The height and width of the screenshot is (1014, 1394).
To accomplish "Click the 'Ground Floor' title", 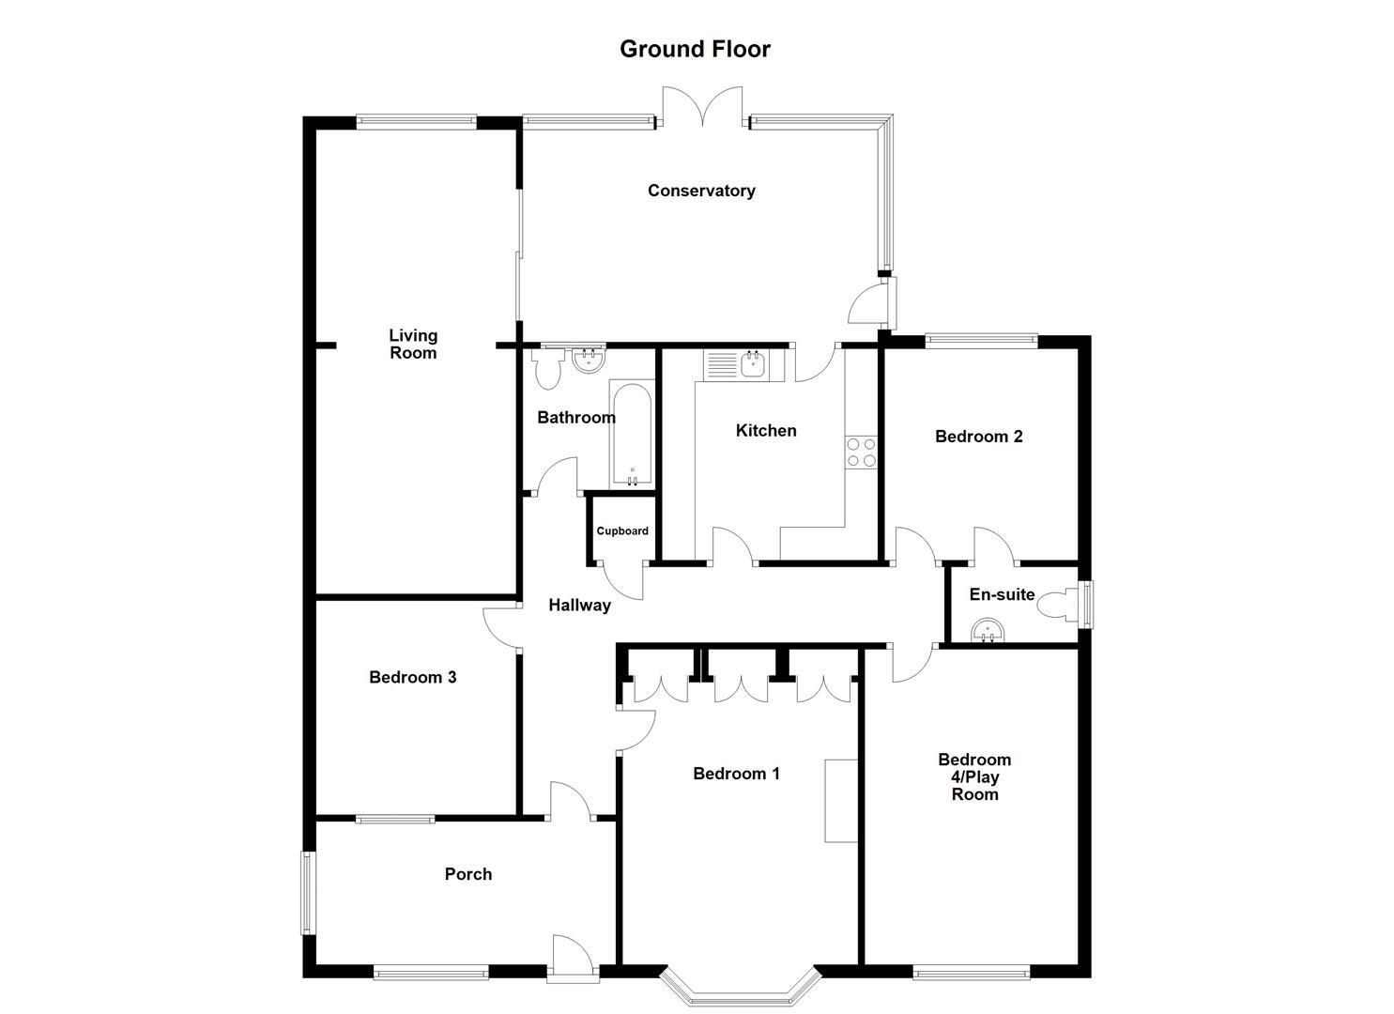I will click(695, 49).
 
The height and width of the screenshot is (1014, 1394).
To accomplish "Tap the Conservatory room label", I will click(701, 191).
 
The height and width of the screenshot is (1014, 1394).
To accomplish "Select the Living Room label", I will click(413, 344).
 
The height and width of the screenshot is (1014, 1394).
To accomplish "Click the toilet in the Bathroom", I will click(546, 370).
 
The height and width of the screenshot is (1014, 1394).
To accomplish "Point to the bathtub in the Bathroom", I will click(631, 434).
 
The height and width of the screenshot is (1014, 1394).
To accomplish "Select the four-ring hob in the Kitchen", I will click(861, 453).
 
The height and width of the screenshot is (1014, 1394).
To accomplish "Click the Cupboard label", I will click(622, 531).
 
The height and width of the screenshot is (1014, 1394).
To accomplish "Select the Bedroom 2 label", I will click(978, 437).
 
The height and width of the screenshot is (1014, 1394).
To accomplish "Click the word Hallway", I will click(579, 606).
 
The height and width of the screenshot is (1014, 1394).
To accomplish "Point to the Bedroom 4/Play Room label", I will click(974, 776).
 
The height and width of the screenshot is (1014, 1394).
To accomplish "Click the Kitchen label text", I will click(766, 431).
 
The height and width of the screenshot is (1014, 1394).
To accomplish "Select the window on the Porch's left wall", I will click(307, 892).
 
